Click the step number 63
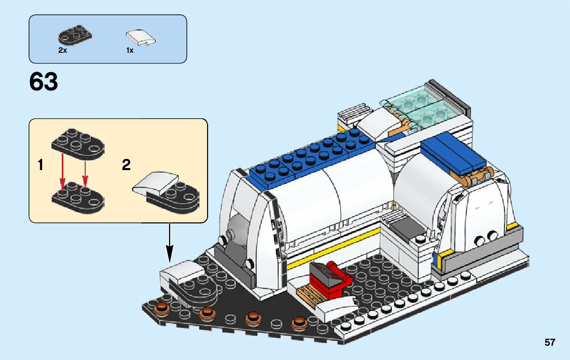coord(44,82)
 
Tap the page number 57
coord(550,343)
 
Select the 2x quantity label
coord(62,51)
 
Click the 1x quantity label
coord(130,51)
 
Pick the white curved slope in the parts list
coord(141,37)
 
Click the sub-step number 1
coord(40,165)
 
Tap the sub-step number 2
coord(126,165)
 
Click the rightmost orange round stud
coord(299,323)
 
